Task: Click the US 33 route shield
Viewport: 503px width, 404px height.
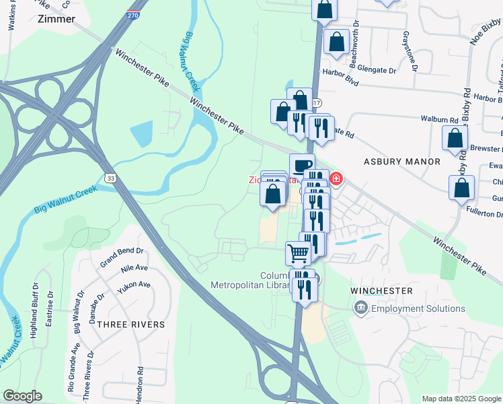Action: coord(111,176)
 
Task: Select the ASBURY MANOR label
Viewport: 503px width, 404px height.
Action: coord(402,162)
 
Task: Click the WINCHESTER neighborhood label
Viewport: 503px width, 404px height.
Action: coord(381,290)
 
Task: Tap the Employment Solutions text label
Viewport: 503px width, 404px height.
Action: coord(418,308)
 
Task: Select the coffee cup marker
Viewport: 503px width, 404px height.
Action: coord(302,164)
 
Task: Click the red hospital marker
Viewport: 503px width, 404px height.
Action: coord(336,179)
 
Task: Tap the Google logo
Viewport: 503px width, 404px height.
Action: coord(22,396)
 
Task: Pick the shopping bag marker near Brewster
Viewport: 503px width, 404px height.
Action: coord(455,137)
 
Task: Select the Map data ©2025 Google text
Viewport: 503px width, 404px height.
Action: coord(461,399)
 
